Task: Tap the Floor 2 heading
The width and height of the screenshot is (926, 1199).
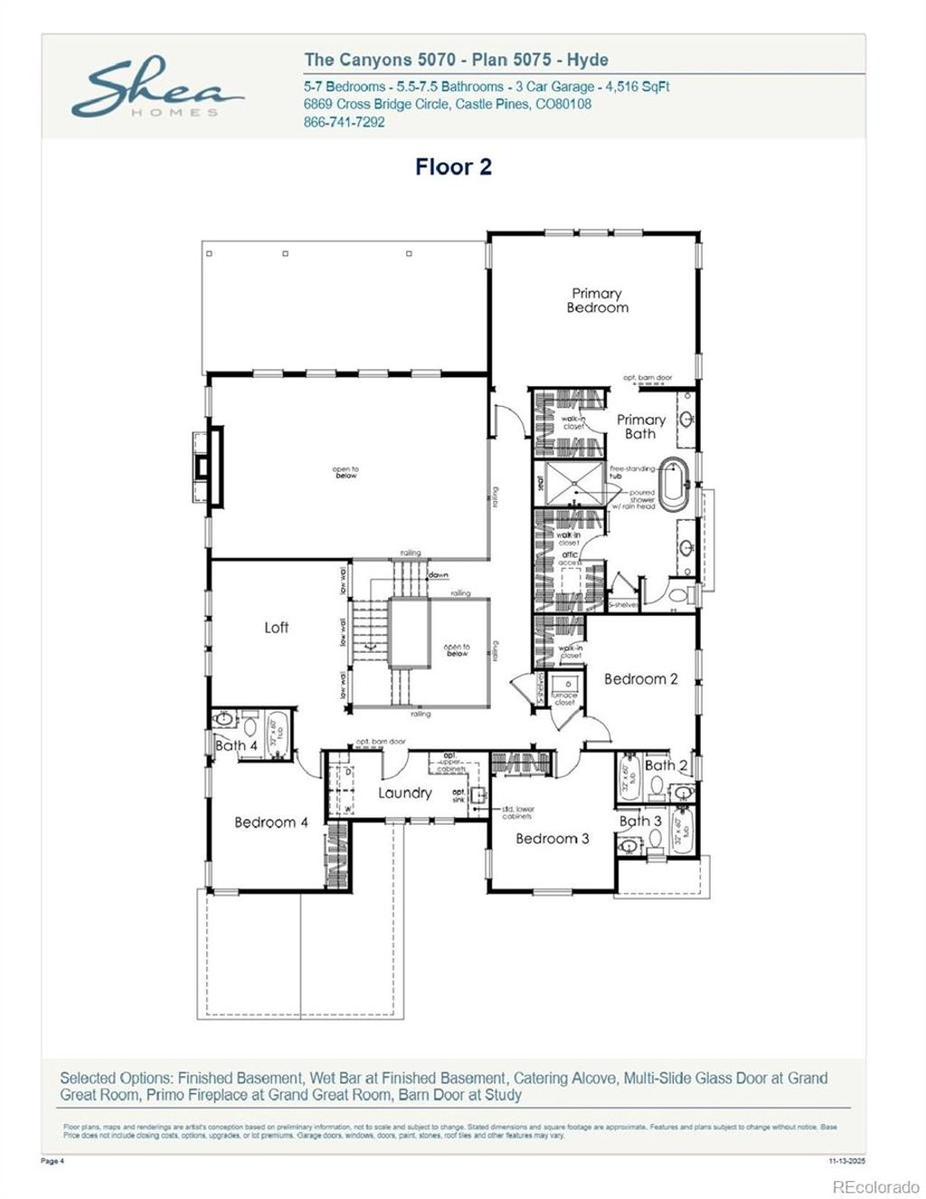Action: tap(453, 167)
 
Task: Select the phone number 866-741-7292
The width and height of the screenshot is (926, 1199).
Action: tap(344, 122)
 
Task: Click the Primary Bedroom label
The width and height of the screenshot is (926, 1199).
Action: tap(597, 300)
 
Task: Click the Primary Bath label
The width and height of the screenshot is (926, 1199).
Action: tap(640, 427)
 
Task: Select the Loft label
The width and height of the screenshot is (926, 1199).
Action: tap(277, 628)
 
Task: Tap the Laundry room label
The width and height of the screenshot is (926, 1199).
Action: tap(404, 793)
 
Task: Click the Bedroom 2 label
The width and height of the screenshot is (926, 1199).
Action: tap(640, 679)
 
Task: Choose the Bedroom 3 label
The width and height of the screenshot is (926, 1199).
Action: tap(552, 839)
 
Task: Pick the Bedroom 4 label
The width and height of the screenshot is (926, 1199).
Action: tap(271, 823)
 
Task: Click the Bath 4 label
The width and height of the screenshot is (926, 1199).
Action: tap(236, 746)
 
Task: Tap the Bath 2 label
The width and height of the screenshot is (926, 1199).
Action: tap(666, 765)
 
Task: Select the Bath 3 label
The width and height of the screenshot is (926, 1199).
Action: tap(640, 821)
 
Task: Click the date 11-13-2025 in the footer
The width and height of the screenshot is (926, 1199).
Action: tap(846, 1161)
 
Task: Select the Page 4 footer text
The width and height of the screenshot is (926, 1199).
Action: tap(53, 1161)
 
